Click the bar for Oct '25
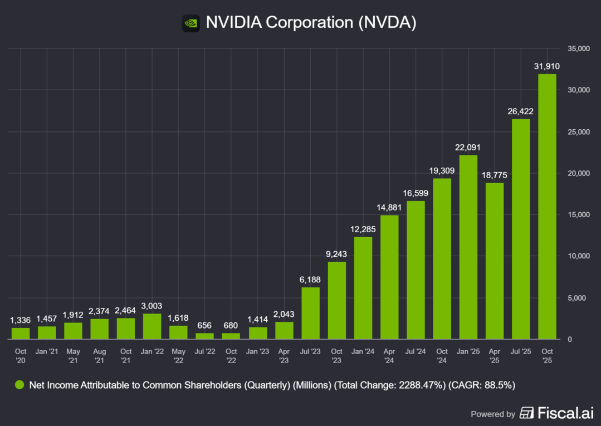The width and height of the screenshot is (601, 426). point(547,207)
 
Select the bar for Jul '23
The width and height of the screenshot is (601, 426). point(310,313)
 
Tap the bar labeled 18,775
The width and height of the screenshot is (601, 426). point(495,261)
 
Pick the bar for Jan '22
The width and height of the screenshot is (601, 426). point(152,326)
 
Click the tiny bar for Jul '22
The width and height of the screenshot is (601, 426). point(204,336)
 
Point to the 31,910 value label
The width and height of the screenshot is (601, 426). point(547,66)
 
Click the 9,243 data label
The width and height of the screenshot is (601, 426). point(336,254)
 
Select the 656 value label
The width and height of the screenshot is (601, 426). point(204,326)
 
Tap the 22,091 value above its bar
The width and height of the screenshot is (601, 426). point(468,148)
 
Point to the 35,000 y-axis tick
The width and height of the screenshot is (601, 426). point(578,49)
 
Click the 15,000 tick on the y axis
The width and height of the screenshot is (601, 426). point(578,215)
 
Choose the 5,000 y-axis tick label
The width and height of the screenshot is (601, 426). point(579,298)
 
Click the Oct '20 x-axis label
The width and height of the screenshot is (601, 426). point(21,355)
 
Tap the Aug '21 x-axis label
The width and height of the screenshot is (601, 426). point(100,355)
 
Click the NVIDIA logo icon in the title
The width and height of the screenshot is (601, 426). point(190,23)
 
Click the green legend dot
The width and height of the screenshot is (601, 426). point(19,385)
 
